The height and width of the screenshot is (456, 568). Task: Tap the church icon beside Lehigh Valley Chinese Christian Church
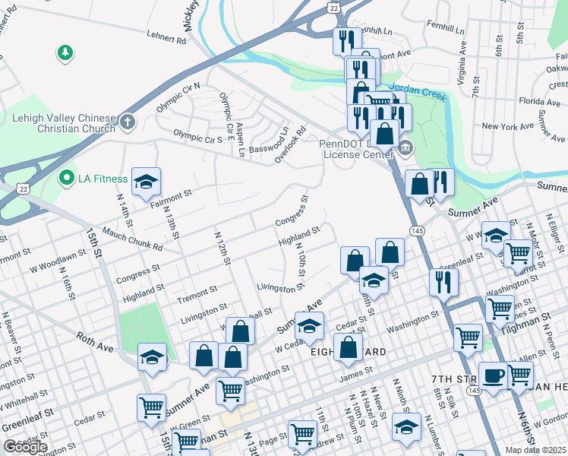point(127,121)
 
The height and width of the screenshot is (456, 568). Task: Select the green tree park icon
point(65,52)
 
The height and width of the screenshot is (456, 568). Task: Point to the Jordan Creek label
point(416,87)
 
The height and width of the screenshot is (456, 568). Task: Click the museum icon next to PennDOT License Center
point(405,147)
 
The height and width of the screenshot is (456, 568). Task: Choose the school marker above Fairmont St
point(146,182)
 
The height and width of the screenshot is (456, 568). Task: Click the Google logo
point(25,447)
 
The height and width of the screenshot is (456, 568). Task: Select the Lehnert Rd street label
point(165,41)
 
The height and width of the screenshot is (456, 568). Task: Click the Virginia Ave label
point(462,59)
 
